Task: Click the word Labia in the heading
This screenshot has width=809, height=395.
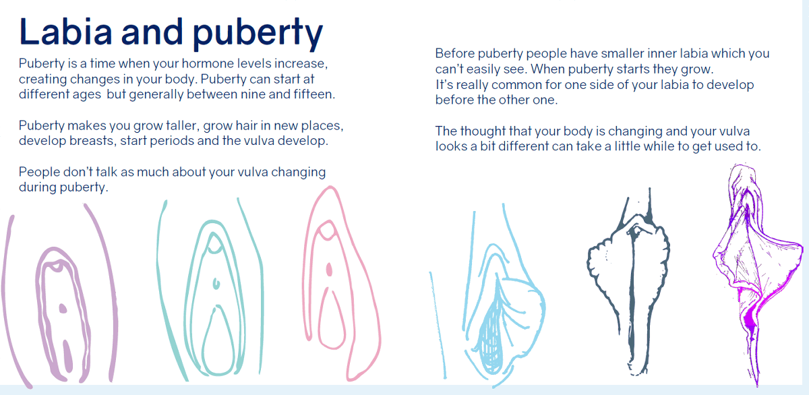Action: point(66,32)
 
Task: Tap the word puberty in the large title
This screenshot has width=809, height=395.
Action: point(258,34)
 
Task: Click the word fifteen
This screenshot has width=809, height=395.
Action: point(314,94)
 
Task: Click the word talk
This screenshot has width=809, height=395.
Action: point(107,172)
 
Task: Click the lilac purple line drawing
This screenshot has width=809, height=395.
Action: point(59,296)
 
